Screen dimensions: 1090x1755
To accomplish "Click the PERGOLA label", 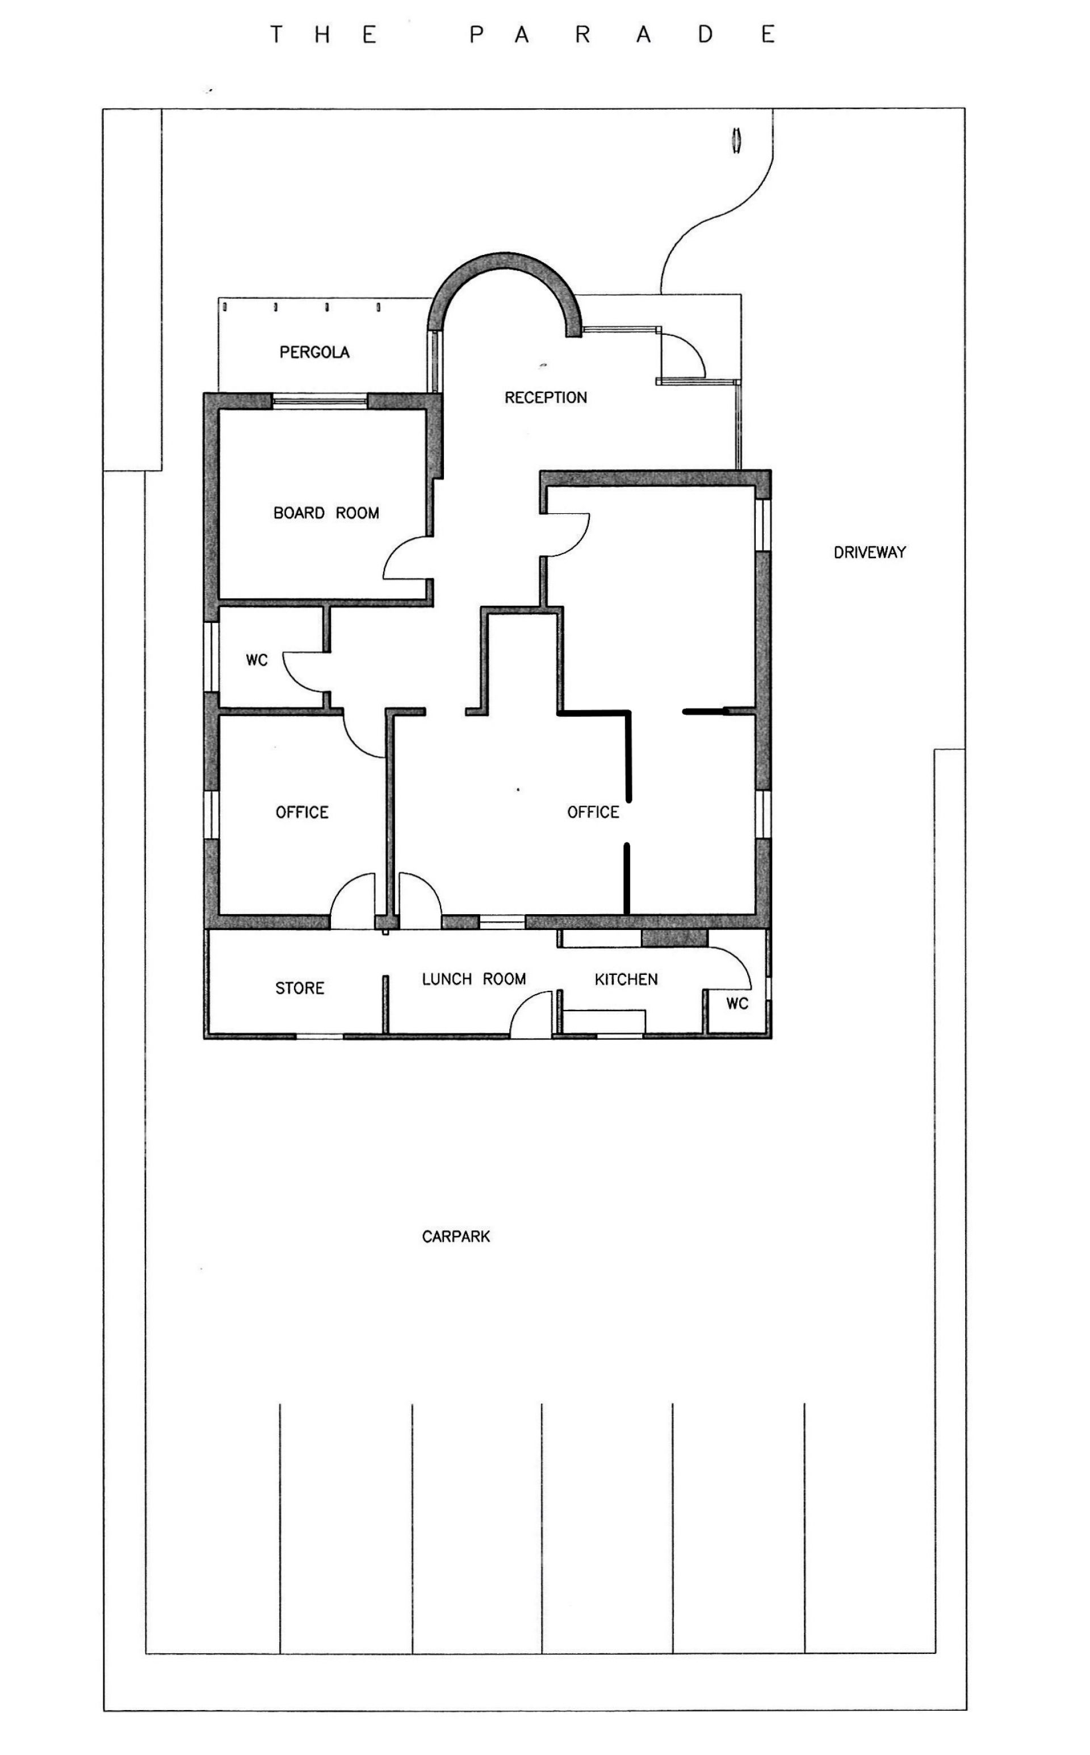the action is click(x=315, y=352).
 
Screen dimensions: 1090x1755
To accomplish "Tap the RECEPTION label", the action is click(x=546, y=397).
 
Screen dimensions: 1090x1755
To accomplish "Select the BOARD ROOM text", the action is click(x=326, y=513).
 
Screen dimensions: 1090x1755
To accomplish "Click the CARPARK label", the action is click(x=456, y=1237).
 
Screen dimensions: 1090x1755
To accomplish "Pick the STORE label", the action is click(x=299, y=988).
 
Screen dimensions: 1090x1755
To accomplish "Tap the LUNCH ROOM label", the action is click(x=473, y=979).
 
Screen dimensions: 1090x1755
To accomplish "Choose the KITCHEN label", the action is click(x=626, y=979).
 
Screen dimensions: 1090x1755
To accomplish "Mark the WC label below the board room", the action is click(x=257, y=660).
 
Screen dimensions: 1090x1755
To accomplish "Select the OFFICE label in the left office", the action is click(x=302, y=812).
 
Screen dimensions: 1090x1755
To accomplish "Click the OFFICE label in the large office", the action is click(x=593, y=812).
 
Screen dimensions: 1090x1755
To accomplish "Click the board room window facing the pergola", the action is click(x=320, y=400).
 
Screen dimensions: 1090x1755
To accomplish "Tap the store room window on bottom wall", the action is click(x=320, y=1036).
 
